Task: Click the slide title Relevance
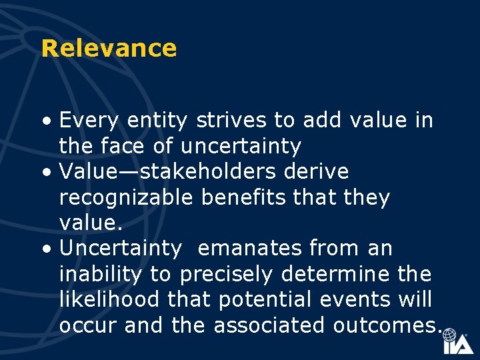click(109, 49)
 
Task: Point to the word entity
click(155, 121)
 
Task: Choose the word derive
click(317, 171)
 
